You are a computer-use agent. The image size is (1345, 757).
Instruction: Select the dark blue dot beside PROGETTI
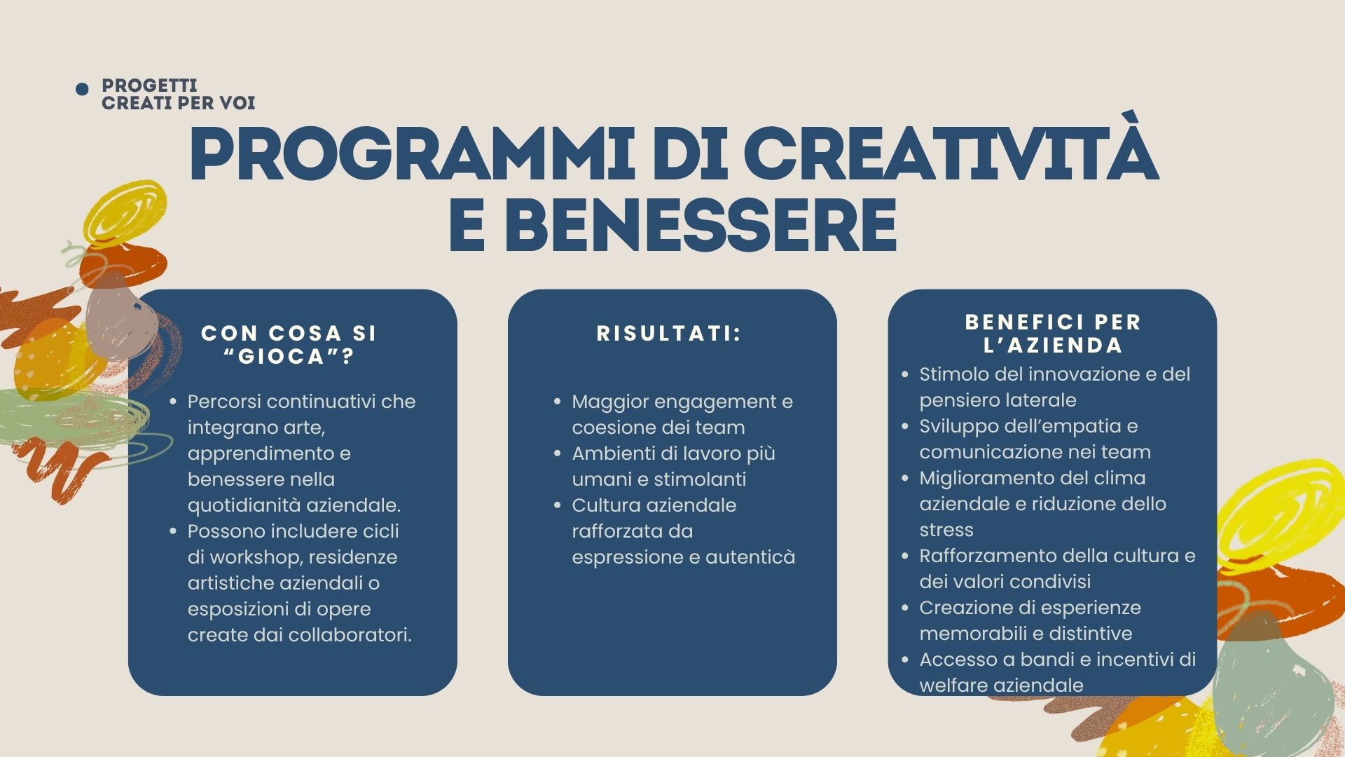tap(82, 89)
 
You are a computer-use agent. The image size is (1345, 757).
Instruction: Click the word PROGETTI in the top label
tap(149, 86)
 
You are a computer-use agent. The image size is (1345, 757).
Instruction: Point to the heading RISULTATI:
tap(669, 334)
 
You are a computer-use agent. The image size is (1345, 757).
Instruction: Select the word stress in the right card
tap(946, 530)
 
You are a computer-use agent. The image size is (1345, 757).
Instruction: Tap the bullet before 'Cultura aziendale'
tap(558, 505)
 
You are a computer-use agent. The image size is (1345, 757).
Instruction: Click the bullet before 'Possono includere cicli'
tap(173, 531)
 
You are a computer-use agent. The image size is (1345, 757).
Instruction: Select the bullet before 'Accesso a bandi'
tap(905, 660)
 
